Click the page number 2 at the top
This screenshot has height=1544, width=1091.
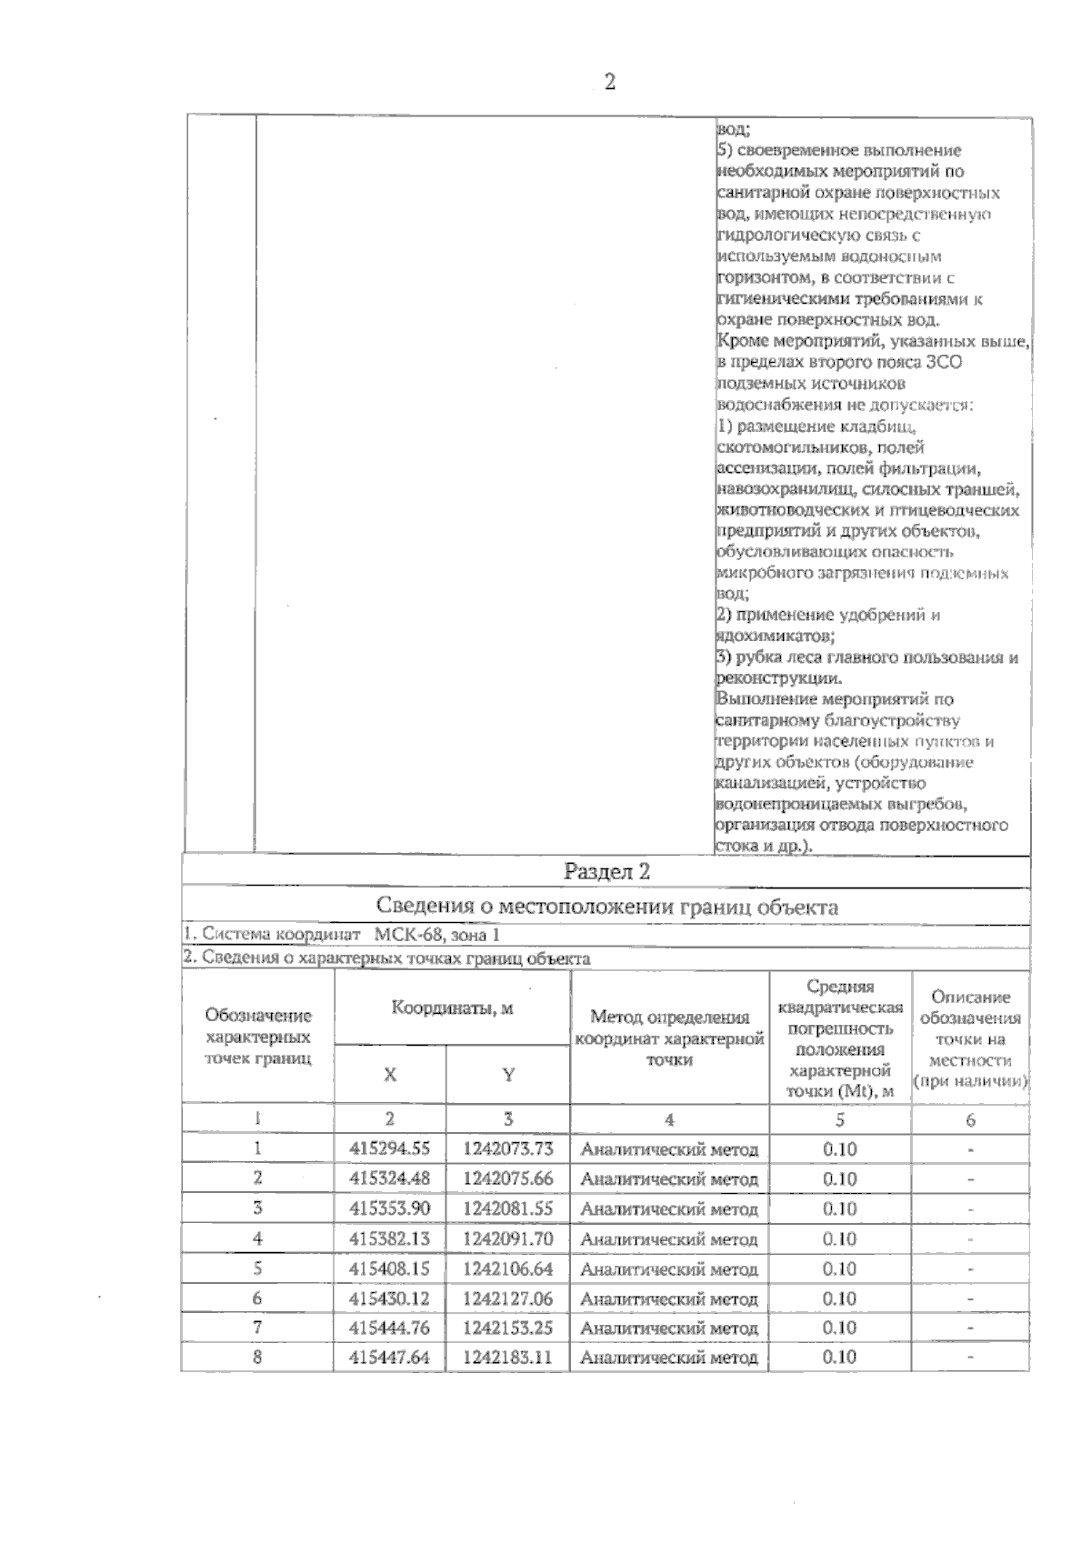pyautogui.click(x=609, y=82)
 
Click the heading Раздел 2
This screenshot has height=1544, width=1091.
pyautogui.click(x=606, y=871)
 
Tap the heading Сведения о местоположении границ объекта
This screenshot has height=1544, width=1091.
pyautogui.click(x=606, y=907)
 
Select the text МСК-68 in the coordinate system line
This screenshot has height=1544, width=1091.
pyautogui.click(x=405, y=935)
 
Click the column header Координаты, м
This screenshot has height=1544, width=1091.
pyautogui.click(x=452, y=1008)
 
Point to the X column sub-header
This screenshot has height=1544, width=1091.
pyautogui.click(x=390, y=1075)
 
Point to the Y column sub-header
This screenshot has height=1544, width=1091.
pyautogui.click(x=508, y=1075)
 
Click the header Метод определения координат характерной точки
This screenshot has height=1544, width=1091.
pyautogui.click(x=669, y=1038)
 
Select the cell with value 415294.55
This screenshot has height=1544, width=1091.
pyautogui.click(x=390, y=1149)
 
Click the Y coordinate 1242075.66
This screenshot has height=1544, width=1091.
pyautogui.click(x=507, y=1179)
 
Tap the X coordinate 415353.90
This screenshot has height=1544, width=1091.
pyautogui.click(x=390, y=1208)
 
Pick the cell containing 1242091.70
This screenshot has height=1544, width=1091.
pyautogui.click(x=507, y=1238)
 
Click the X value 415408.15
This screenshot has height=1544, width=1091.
pyautogui.click(x=390, y=1268)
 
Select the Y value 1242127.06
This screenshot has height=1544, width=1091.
pyautogui.click(x=507, y=1298)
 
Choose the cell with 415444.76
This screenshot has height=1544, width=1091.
pyautogui.click(x=390, y=1328)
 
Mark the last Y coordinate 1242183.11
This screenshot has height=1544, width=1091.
pyautogui.click(x=507, y=1358)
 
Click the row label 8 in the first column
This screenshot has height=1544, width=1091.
pyautogui.click(x=258, y=1358)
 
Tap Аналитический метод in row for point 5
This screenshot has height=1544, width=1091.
pyautogui.click(x=669, y=1268)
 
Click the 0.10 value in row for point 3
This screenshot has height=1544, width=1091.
pyautogui.click(x=839, y=1208)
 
